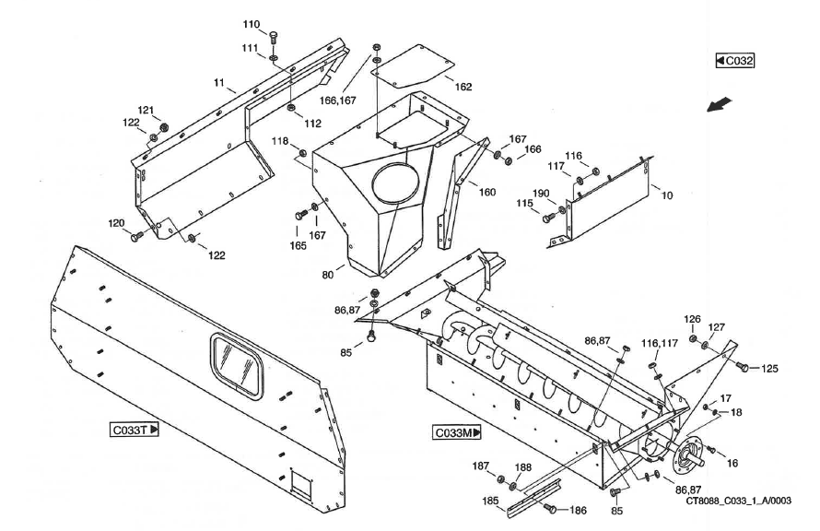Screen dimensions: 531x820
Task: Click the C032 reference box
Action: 735,61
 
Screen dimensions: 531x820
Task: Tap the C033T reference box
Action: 135,429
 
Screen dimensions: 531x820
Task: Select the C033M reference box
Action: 458,432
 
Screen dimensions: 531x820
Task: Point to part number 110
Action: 251,24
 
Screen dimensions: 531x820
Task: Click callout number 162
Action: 463,87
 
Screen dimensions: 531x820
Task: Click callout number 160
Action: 486,192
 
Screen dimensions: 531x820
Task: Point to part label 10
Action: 667,195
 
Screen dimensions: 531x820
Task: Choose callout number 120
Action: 116,223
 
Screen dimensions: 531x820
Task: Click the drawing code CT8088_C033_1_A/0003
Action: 738,501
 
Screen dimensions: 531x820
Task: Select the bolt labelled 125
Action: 743,368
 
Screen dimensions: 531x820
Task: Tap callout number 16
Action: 733,462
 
